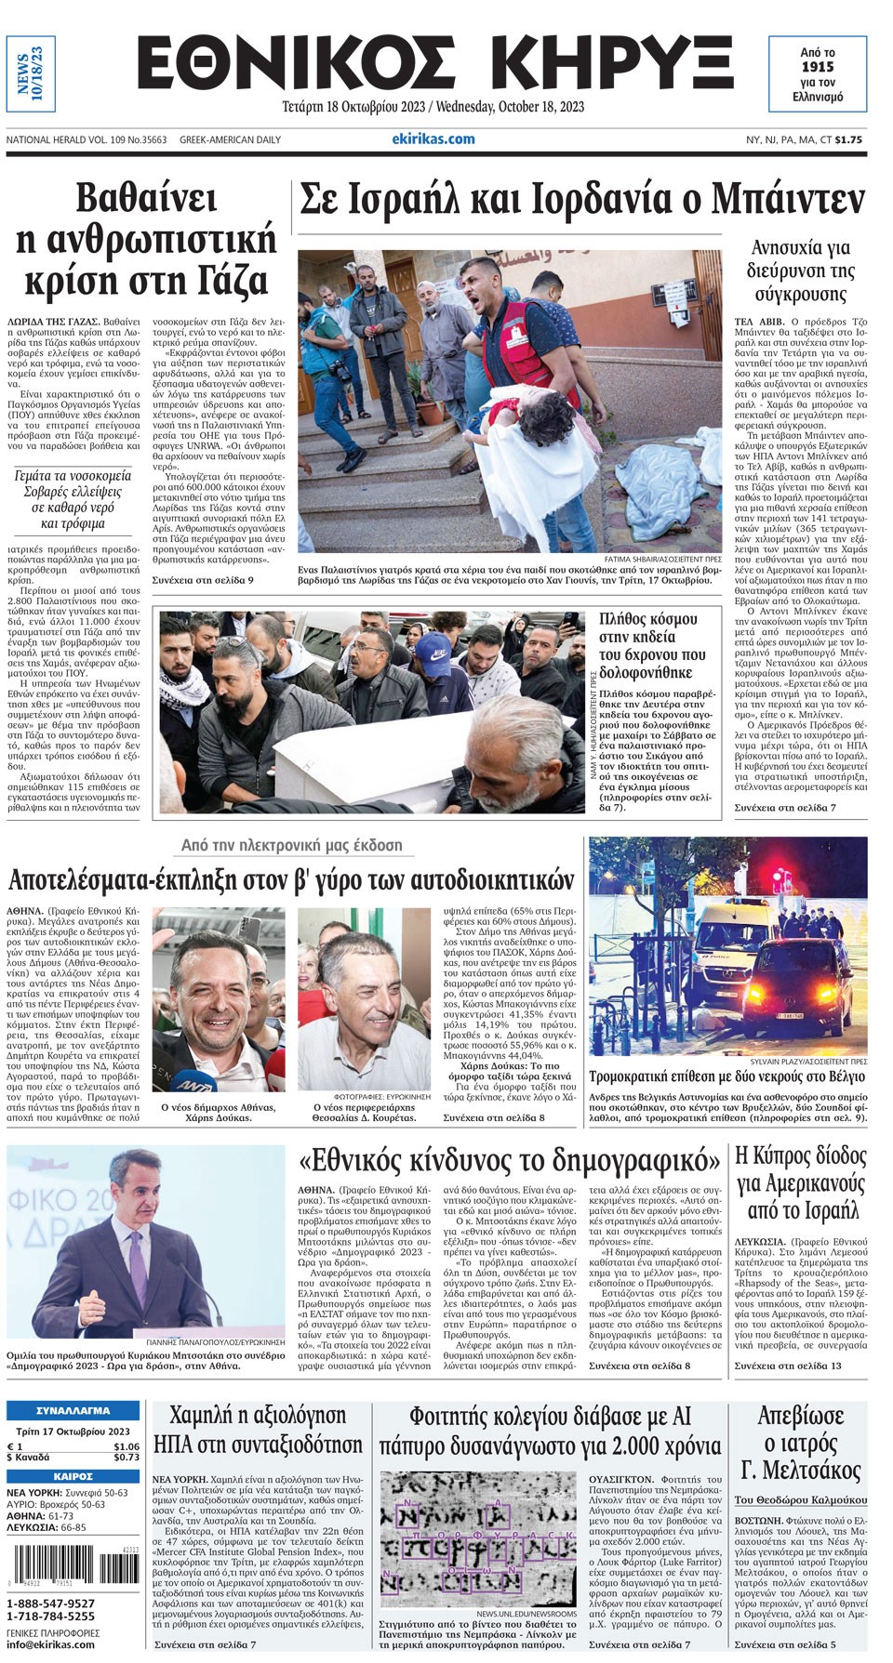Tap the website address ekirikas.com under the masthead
433,139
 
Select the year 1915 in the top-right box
818,67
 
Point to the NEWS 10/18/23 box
31,74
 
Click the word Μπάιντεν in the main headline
789,199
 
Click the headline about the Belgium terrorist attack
726,1076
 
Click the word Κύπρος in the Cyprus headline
799,1157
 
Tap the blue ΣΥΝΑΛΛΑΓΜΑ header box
73,1410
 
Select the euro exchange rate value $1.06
126,1446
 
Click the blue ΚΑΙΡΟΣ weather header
73,1476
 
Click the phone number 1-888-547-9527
51,1604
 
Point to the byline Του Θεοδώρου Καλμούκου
800,1500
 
